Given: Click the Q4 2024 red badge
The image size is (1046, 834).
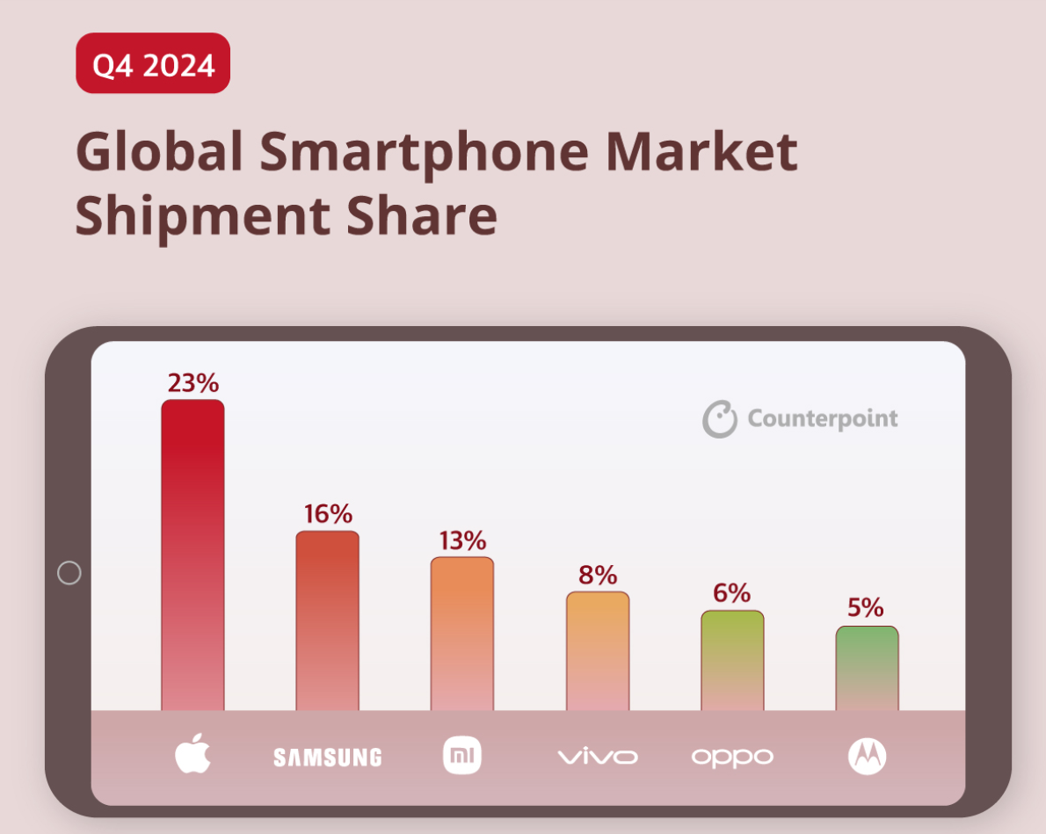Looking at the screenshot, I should [153, 63].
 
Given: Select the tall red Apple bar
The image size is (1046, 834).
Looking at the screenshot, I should [192, 554].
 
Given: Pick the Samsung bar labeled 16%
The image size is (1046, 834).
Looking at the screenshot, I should [327, 620].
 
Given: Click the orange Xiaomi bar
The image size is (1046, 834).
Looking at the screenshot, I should [462, 633].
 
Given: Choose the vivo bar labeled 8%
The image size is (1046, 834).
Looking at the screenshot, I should [598, 650].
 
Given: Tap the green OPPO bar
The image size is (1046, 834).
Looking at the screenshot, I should [732, 659].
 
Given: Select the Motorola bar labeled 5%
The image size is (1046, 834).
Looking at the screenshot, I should [867, 667].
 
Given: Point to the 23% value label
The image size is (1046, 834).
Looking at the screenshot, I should [193, 383].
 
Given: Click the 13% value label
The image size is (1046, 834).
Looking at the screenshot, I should [462, 540].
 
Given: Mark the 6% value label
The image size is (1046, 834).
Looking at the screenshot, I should [732, 593].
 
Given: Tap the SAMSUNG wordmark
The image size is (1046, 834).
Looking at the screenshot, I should [327, 757].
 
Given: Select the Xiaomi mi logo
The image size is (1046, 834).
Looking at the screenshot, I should [462, 756].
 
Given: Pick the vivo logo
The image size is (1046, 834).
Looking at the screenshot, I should [598, 757].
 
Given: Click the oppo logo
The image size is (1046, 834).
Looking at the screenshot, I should [732, 757].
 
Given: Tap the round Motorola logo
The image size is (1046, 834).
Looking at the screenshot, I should [867, 756].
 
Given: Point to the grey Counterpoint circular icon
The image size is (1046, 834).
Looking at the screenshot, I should [719, 419].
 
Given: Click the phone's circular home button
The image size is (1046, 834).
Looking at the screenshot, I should [69, 573].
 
